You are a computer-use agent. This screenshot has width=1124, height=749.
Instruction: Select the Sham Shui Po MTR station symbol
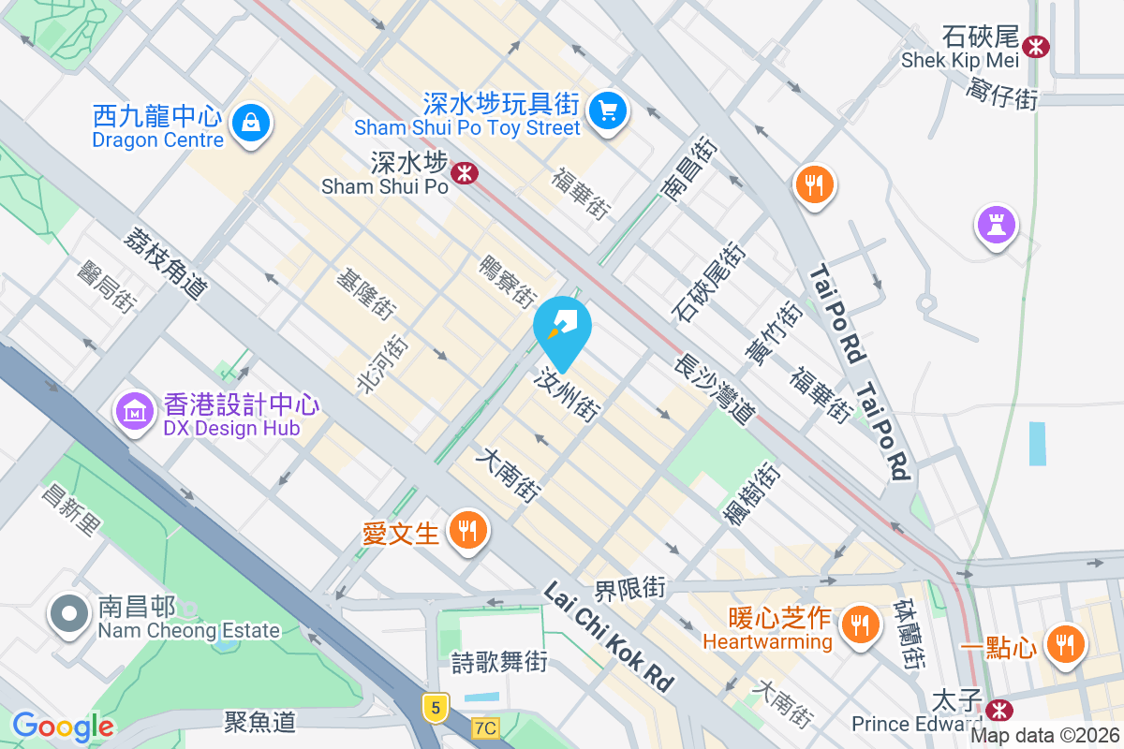coord(463,172)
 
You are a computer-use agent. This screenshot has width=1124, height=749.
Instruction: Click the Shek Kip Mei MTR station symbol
coord(1036,45)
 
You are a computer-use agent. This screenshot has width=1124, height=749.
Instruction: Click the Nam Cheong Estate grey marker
coord(69,615)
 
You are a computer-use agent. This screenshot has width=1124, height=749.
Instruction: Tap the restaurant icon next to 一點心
coord(1065,644)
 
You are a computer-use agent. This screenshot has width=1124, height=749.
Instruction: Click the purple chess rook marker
coord(996,225)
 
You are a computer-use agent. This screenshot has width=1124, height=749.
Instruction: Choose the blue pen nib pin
coord(563,328)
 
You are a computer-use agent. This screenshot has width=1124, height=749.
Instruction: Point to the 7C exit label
coord(485,727)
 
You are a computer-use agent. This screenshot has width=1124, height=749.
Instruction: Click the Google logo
coord(63,727)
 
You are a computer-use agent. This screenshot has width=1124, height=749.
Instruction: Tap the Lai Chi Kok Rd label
coord(609,638)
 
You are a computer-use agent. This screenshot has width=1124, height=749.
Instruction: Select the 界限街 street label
coord(630,590)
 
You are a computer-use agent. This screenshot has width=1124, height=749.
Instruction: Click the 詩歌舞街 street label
coord(498,662)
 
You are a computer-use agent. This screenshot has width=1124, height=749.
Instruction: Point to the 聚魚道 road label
coord(260,721)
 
